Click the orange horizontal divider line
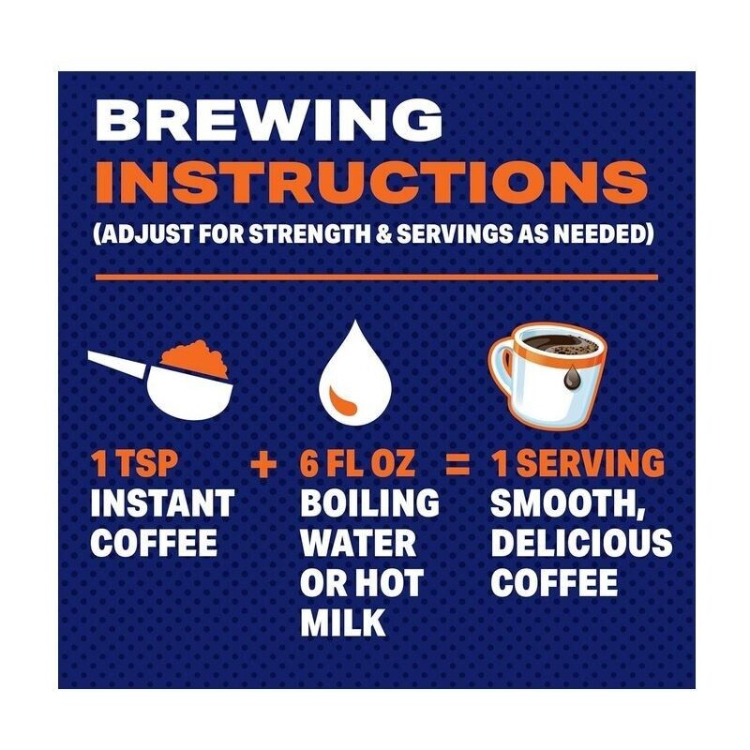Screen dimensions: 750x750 tap(376, 277)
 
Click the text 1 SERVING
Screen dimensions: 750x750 tap(577, 465)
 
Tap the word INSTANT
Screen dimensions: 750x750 tap(161, 504)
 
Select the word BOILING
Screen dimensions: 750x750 tap(368, 504)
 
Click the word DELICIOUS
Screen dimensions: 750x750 tap(581, 543)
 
